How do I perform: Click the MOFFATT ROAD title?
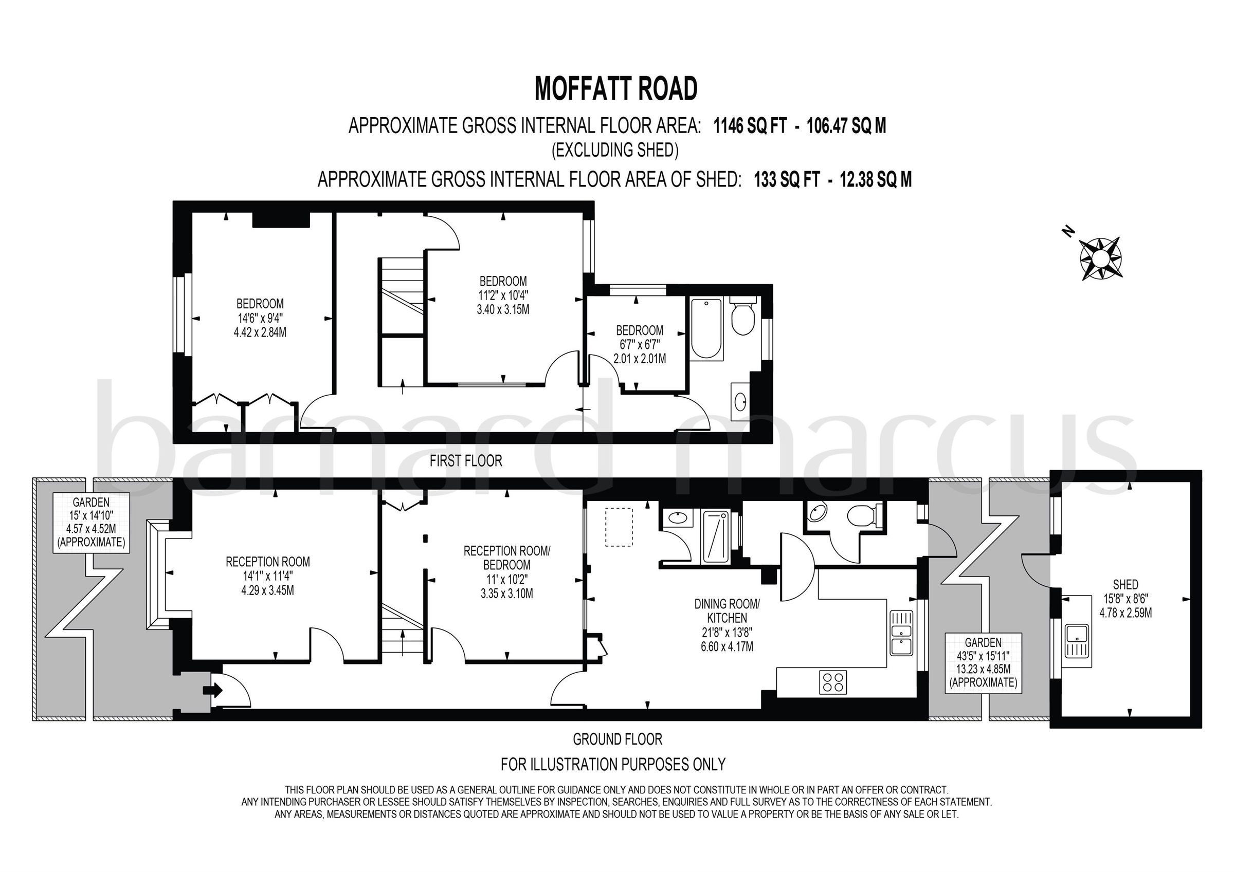(616, 89)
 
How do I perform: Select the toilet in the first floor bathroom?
(743, 319)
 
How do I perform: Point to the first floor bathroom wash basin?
(741, 400)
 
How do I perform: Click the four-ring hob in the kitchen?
(833, 682)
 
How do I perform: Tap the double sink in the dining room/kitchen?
(901, 633)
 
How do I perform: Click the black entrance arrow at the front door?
(213, 691)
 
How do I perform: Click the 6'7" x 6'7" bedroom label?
(639, 344)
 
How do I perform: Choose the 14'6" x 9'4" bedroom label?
(260, 318)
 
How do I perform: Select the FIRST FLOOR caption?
(466, 460)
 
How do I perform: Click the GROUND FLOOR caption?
(617, 739)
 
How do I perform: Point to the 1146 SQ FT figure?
(750, 126)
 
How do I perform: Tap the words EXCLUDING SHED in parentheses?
(615, 150)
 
